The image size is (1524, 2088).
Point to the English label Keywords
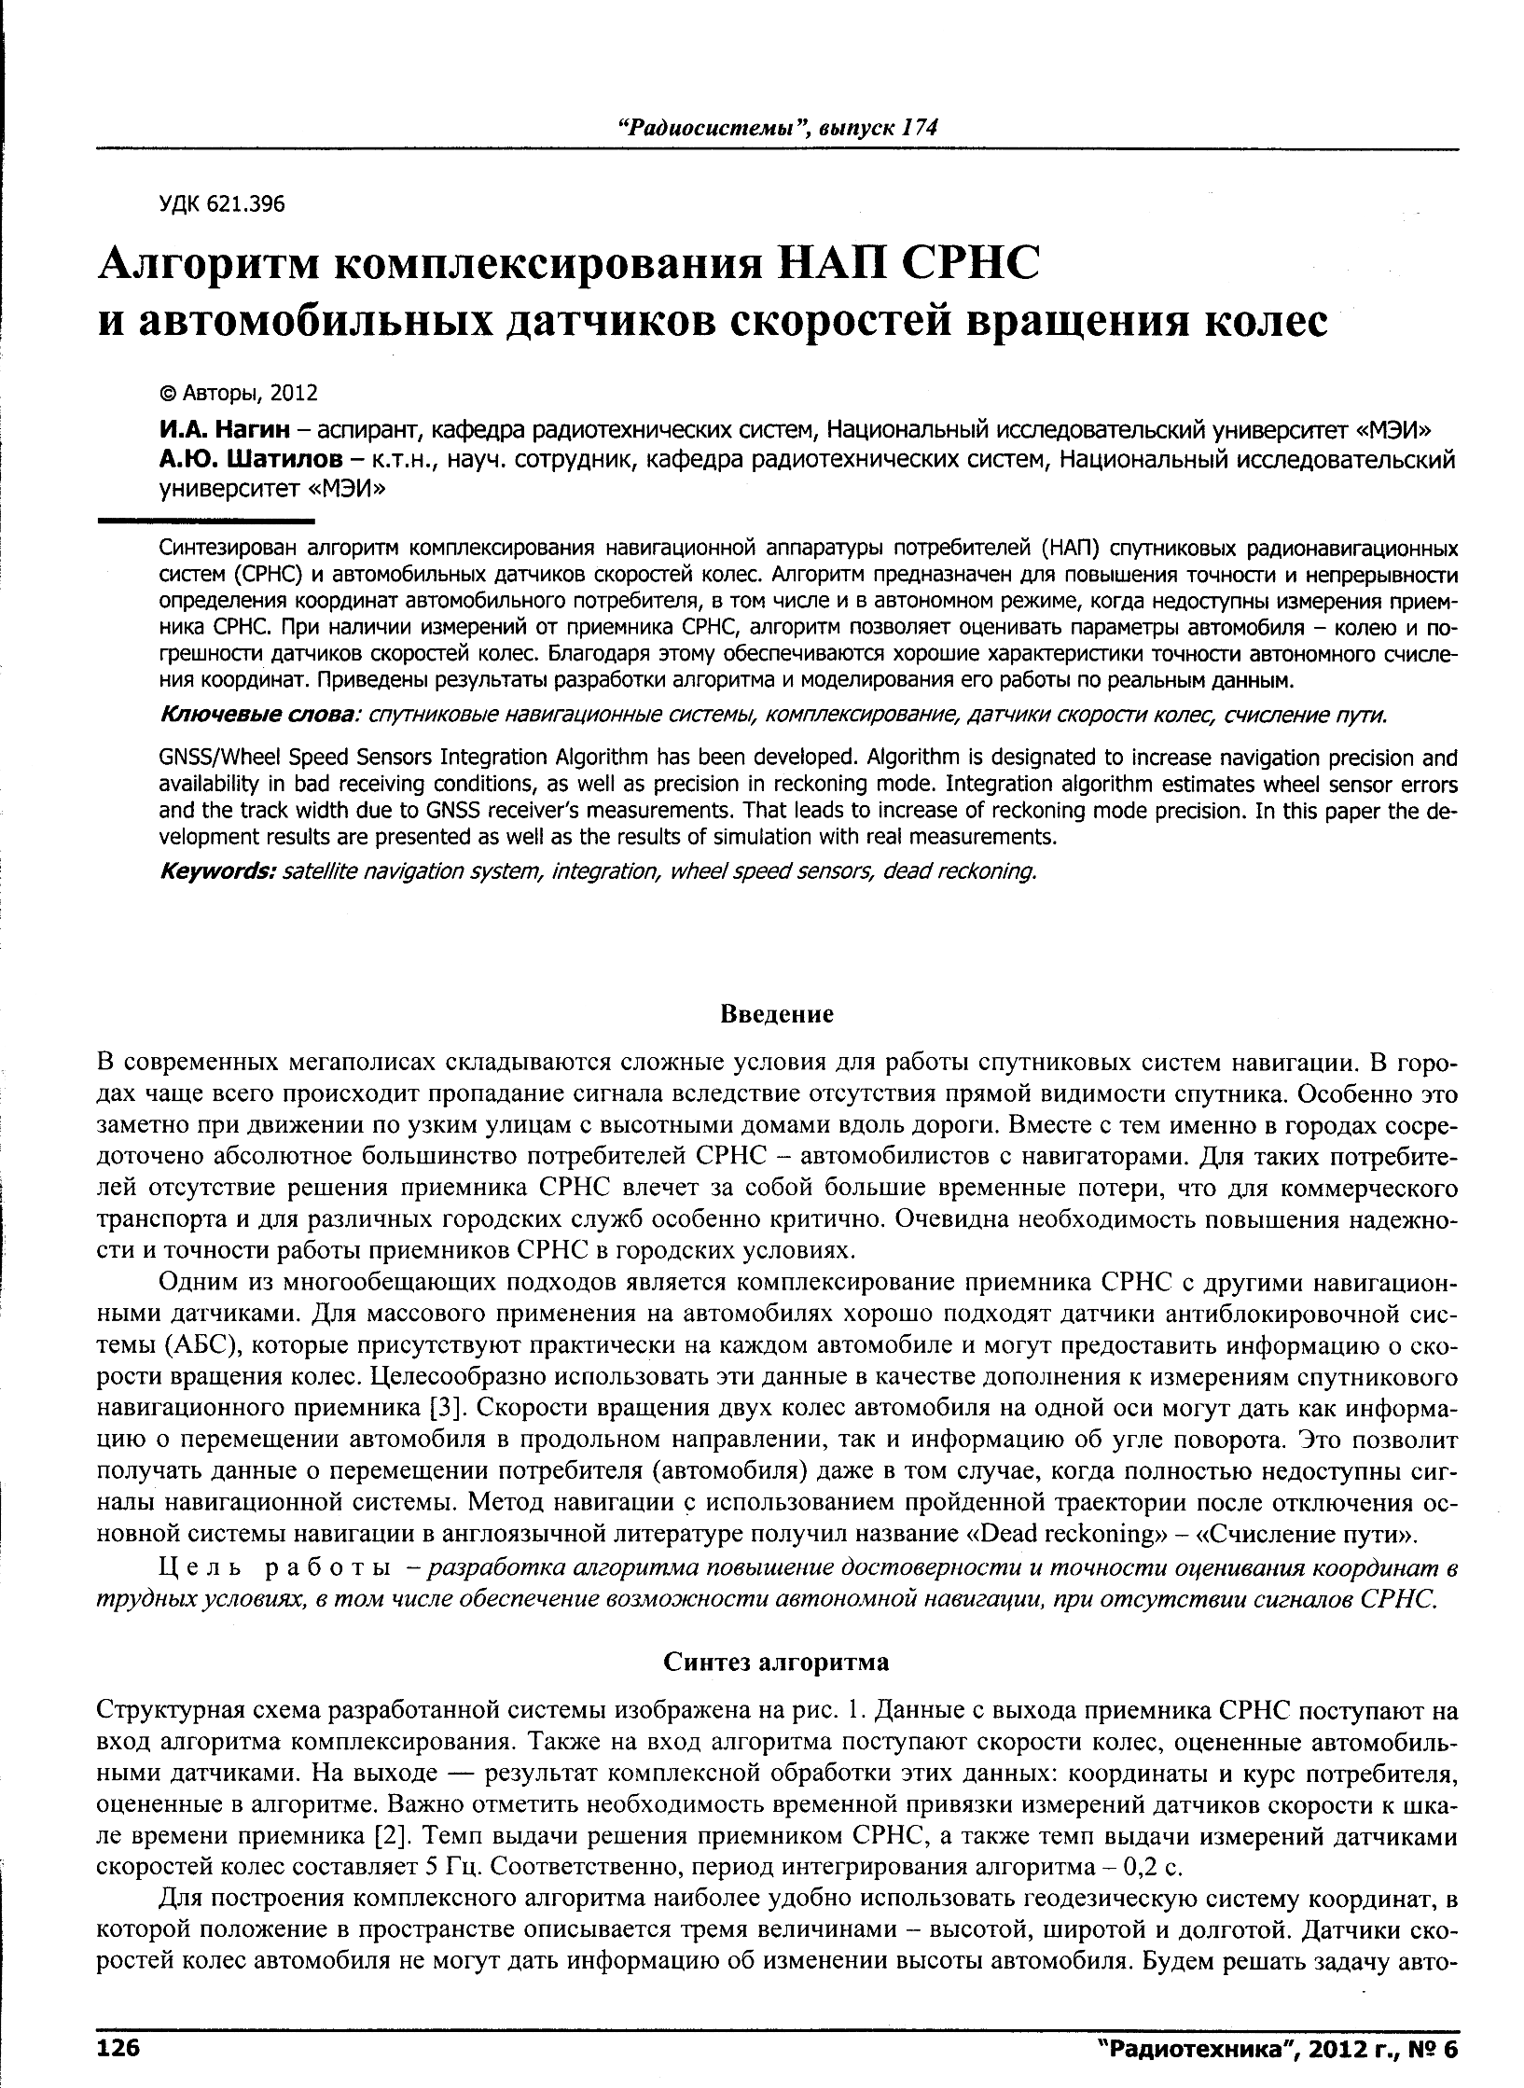coord(216,871)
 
